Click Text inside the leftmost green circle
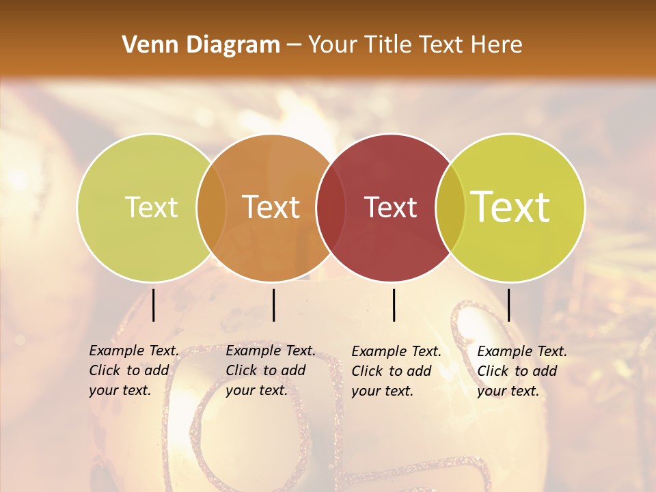[151, 207]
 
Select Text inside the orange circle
[271, 207]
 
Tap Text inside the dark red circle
[390, 207]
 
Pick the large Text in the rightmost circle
[510, 206]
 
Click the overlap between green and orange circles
[211, 207]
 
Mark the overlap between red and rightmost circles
[449, 207]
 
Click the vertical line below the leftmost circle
[153, 305]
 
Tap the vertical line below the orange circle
[273, 305]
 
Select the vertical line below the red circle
[394, 305]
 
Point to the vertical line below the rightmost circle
[508, 305]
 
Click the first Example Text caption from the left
[133, 370]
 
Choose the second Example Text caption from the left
[270, 370]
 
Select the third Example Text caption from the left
[396, 371]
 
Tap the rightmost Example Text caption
[521, 371]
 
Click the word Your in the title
[333, 45]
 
